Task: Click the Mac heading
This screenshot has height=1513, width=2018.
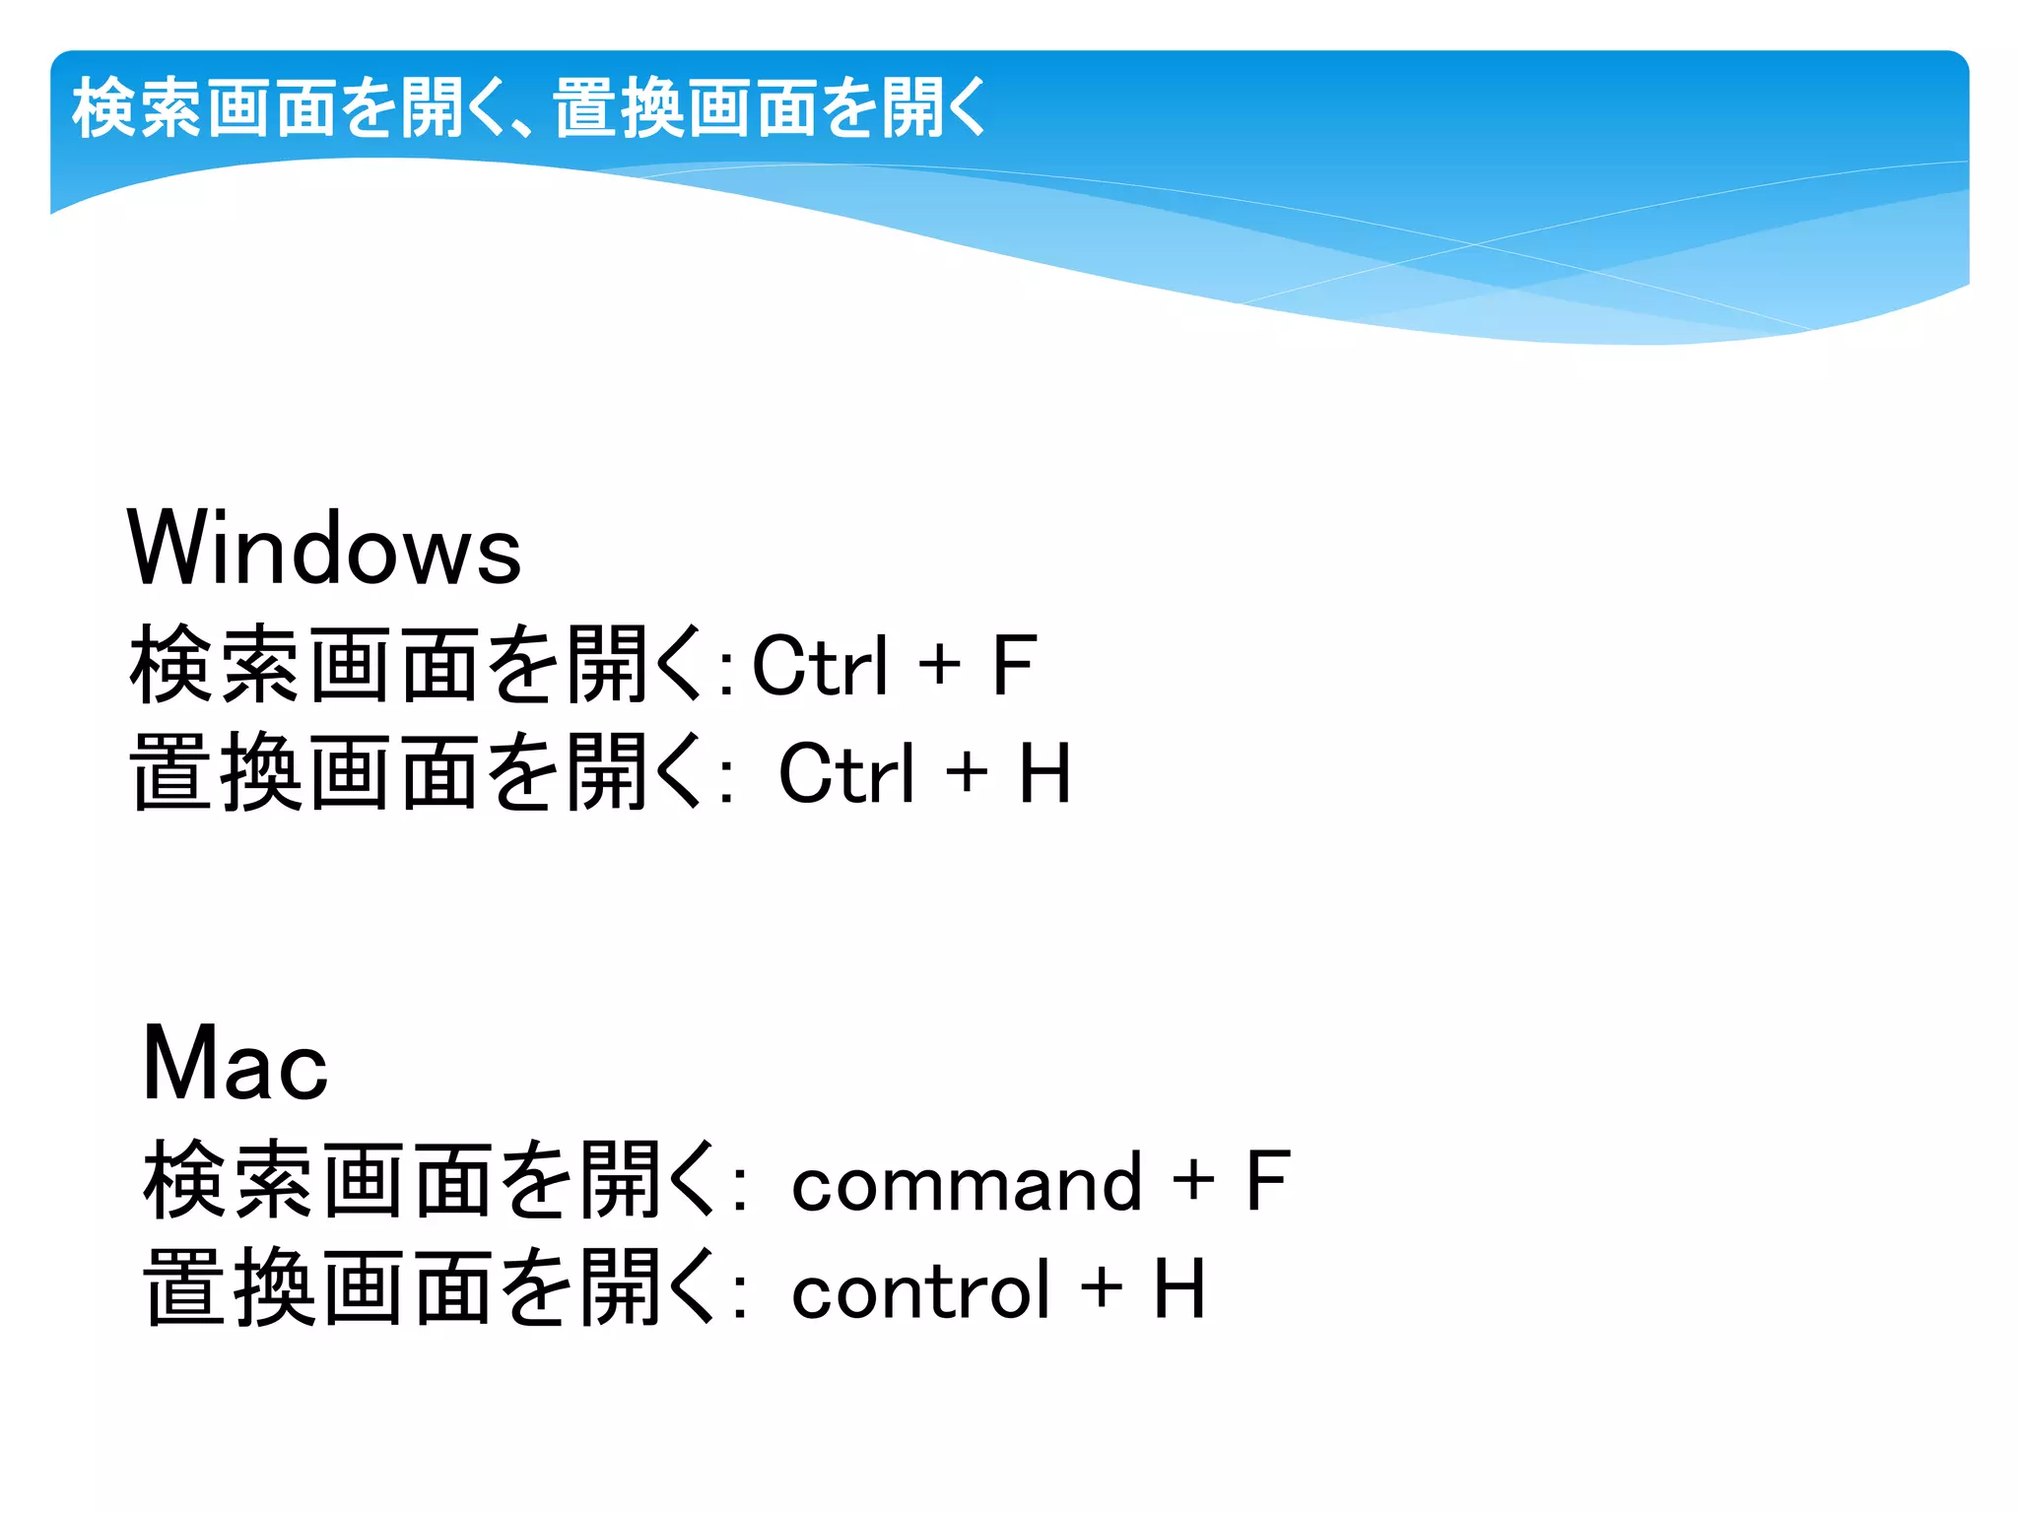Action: click(235, 1064)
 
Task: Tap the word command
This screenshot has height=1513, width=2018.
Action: click(966, 1182)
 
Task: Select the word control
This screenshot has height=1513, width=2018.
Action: click(920, 1289)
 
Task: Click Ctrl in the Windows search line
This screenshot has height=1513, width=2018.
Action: click(820, 666)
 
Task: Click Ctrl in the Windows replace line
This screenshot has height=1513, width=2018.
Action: click(846, 774)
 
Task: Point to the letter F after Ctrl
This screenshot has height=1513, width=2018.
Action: click(1013, 666)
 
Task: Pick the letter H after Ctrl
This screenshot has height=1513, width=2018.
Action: click(1044, 774)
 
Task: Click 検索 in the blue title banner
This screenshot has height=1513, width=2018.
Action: click(138, 108)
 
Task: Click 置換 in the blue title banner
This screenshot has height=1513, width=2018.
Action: click(619, 108)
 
